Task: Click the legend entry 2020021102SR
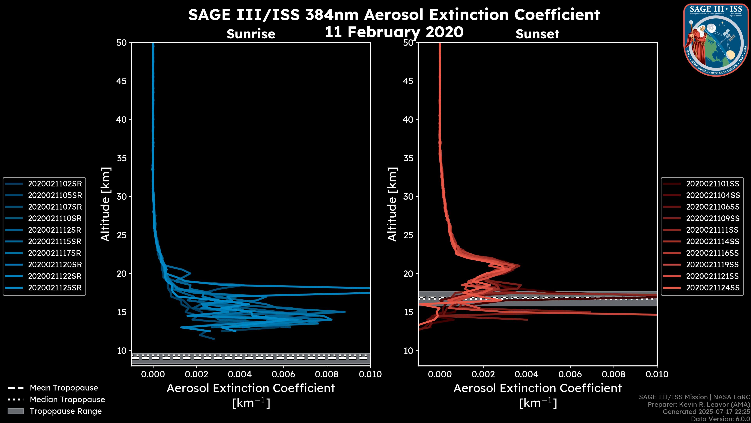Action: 55,184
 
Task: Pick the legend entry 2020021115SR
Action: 55,241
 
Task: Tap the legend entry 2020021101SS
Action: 712,184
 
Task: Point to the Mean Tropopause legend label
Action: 64,388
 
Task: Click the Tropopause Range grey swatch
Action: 16,411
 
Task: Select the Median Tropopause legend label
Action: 67,399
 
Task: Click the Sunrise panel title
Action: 251,34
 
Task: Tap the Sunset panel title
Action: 537,34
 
